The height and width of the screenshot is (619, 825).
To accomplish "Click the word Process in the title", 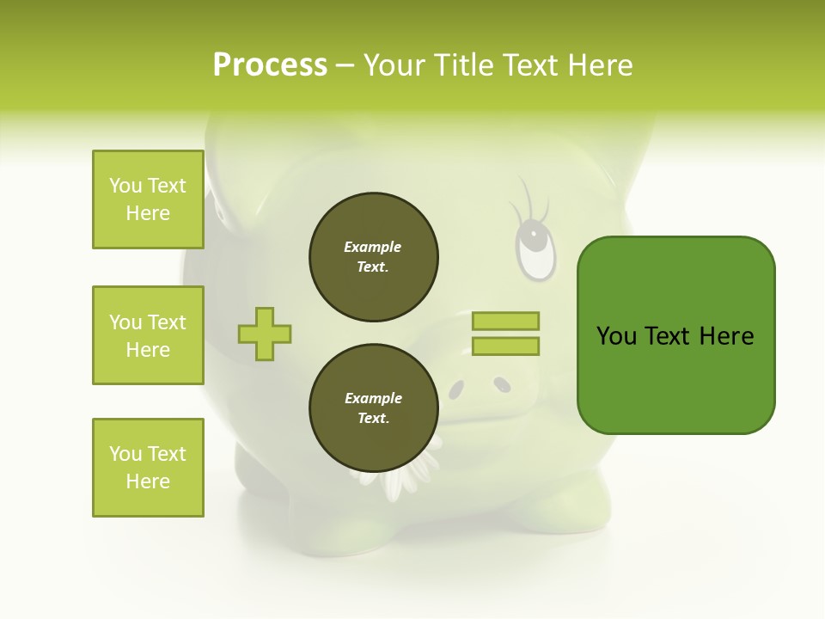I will coord(270,65).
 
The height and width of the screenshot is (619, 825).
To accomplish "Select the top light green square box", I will coord(148,199).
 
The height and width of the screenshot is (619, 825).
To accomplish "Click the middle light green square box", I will coord(148,335).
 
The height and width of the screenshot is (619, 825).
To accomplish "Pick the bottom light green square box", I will coord(148,468).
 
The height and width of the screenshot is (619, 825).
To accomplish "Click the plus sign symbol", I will coord(265,334).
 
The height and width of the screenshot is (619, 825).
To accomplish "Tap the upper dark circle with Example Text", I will coord(374,257).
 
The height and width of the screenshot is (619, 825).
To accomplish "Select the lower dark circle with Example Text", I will coord(374,408).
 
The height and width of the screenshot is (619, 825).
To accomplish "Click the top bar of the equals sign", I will coord(505,322).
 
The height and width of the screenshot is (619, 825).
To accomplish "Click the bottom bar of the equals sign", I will coord(505,346).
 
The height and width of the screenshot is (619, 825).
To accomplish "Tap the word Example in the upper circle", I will coord(372,248).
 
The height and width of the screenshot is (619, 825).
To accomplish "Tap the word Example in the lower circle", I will coord(373,399).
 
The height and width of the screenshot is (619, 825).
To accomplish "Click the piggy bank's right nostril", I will coord(502,386).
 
